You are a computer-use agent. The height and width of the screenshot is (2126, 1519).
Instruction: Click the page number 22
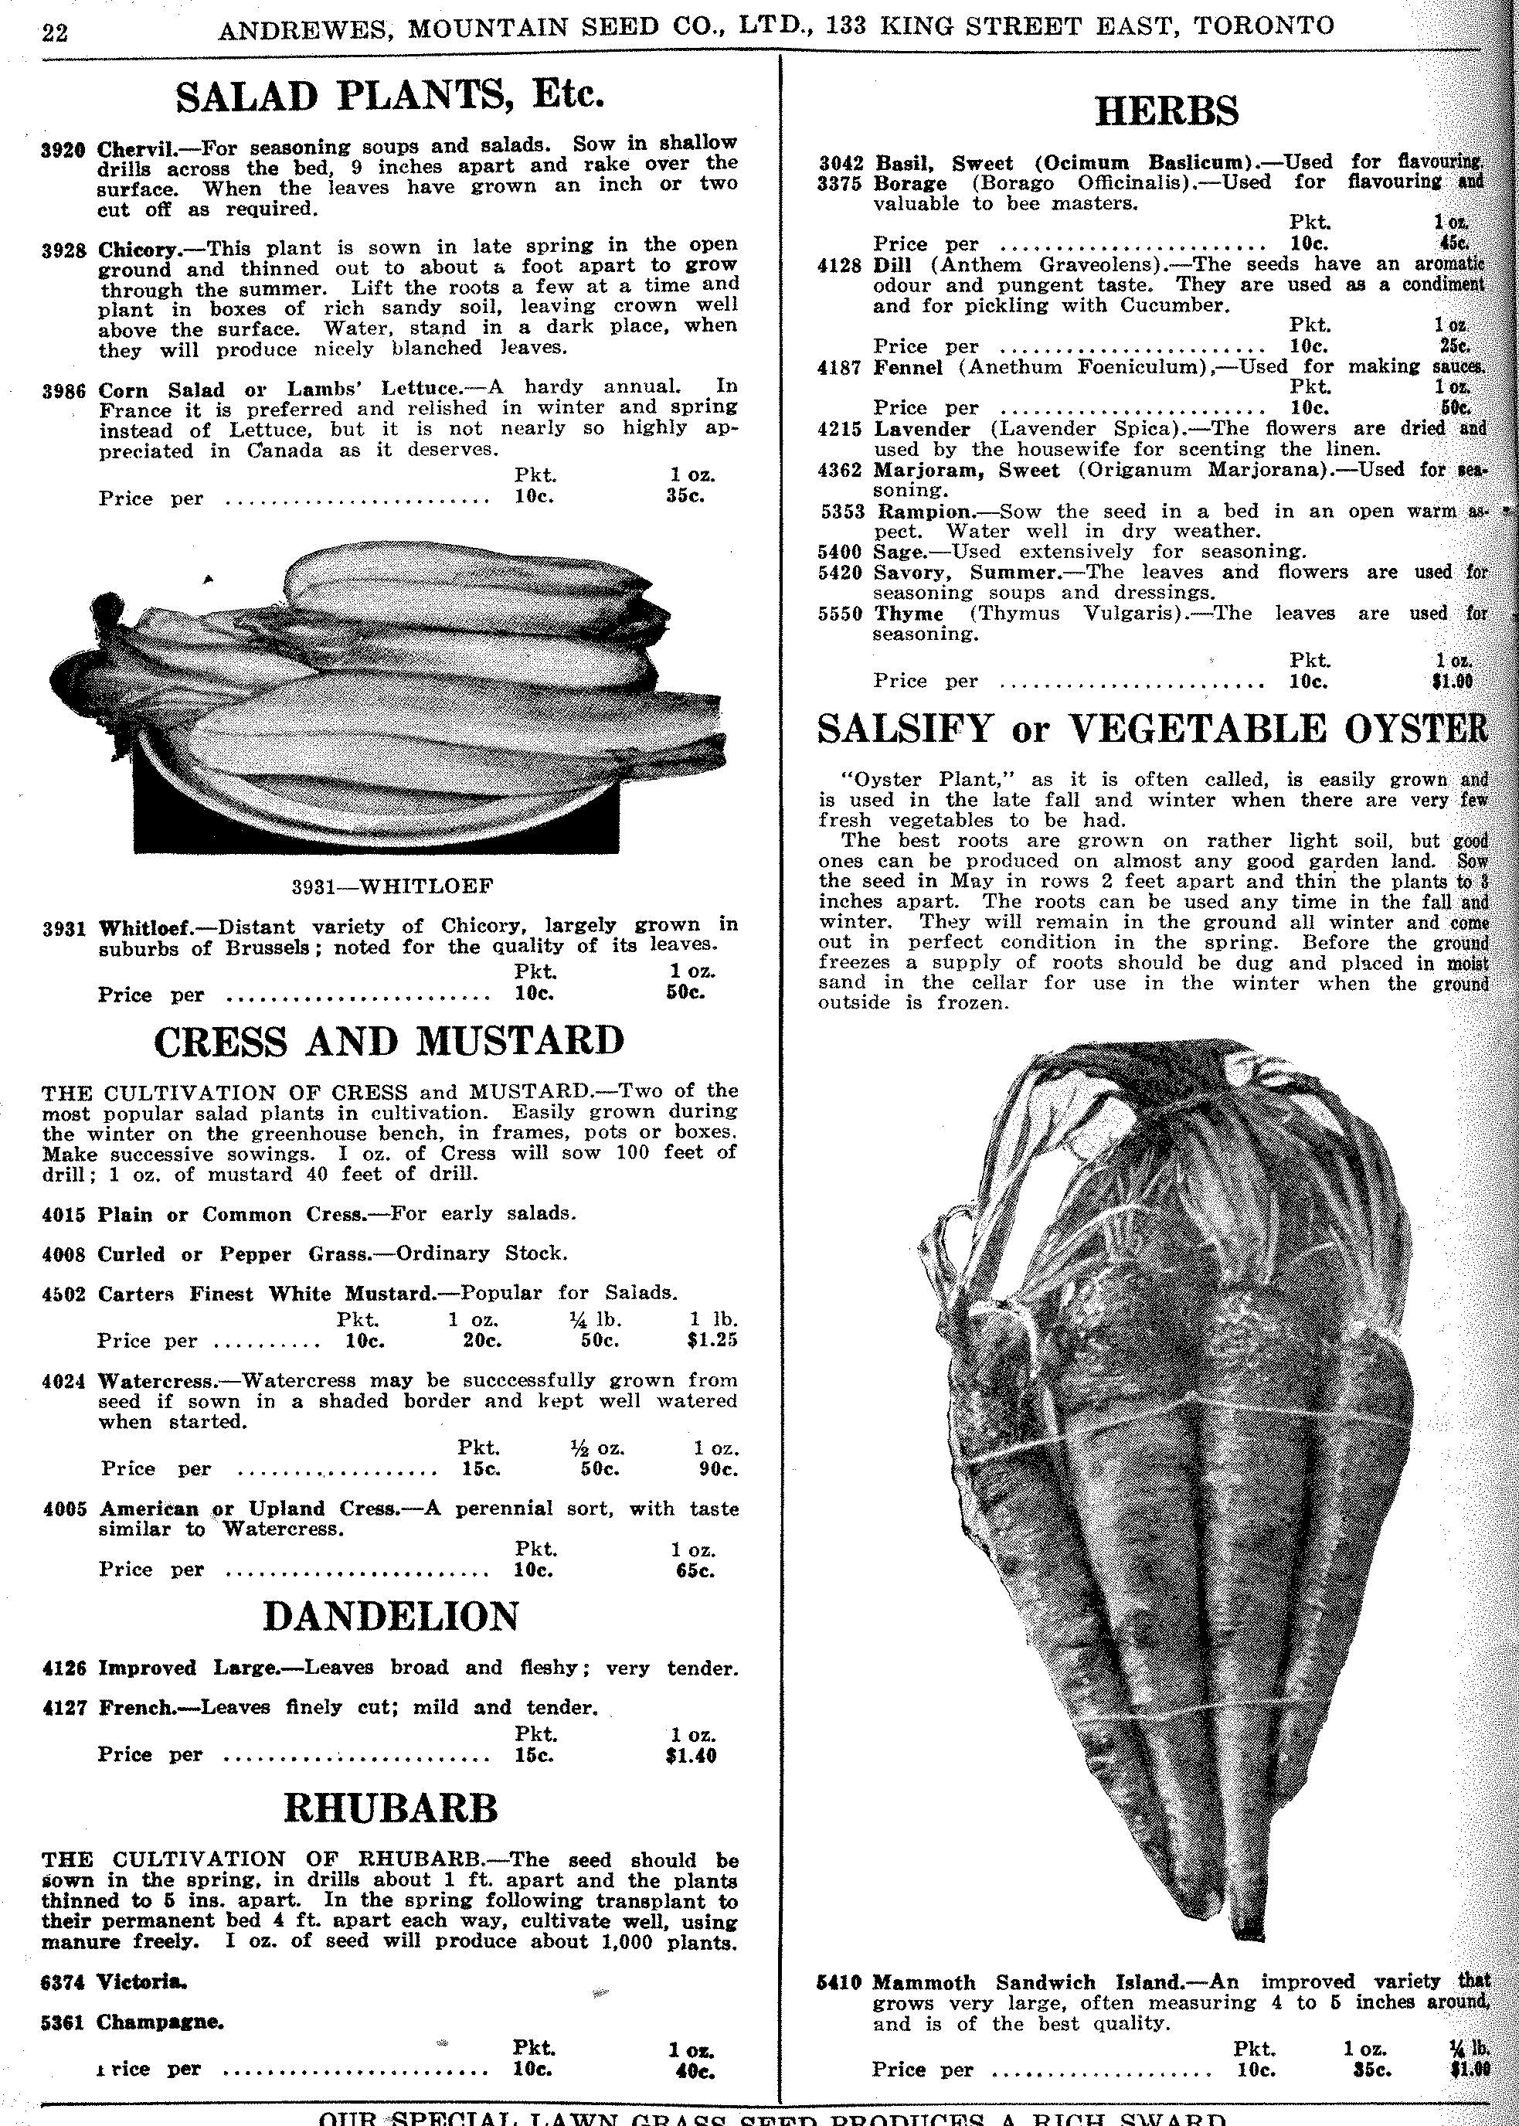pyautogui.click(x=55, y=32)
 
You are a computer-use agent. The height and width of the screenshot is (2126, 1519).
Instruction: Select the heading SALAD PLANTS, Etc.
pyautogui.click(x=390, y=95)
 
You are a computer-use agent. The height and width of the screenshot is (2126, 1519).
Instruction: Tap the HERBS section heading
pyautogui.click(x=1167, y=111)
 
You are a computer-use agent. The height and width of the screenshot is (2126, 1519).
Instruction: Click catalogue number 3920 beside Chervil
pyautogui.click(x=63, y=148)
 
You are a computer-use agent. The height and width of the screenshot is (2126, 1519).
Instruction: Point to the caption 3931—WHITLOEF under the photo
pyautogui.click(x=392, y=885)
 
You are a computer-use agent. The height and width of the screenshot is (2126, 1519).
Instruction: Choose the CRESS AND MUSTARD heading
pyautogui.click(x=389, y=1042)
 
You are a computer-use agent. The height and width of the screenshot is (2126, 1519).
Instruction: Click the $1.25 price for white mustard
pyautogui.click(x=712, y=1340)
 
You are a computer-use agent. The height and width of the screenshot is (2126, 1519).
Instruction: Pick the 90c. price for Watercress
pyautogui.click(x=718, y=1468)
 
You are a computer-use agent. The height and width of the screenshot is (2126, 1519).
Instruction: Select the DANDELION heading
pyautogui.click(x=390, y=1616)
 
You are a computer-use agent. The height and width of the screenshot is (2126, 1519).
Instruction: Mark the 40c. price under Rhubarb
pyautogui.click(x=693, y=2071)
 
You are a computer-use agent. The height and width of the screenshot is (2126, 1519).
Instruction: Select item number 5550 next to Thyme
pyautogui.click(x=839, y=614)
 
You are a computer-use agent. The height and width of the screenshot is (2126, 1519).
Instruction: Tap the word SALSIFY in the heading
pyautogui.click(x=905, y=729)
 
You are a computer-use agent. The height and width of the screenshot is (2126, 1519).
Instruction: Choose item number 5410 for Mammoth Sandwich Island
pyautogui.click(x=838, y=1982)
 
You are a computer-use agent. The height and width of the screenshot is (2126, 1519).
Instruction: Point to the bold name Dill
pyautogui.click(x=892, y=265)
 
